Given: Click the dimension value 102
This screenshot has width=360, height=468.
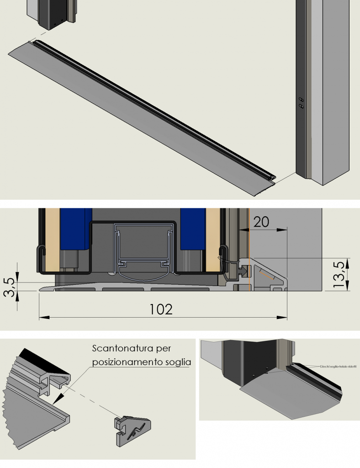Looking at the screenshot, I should [x=161, y=309].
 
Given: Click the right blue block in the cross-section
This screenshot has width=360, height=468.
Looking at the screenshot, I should [x=192, y=229].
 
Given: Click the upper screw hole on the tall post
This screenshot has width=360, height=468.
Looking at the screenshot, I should [x=301, y=99].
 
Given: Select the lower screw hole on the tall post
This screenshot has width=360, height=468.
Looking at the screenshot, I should [x=301, y=106].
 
